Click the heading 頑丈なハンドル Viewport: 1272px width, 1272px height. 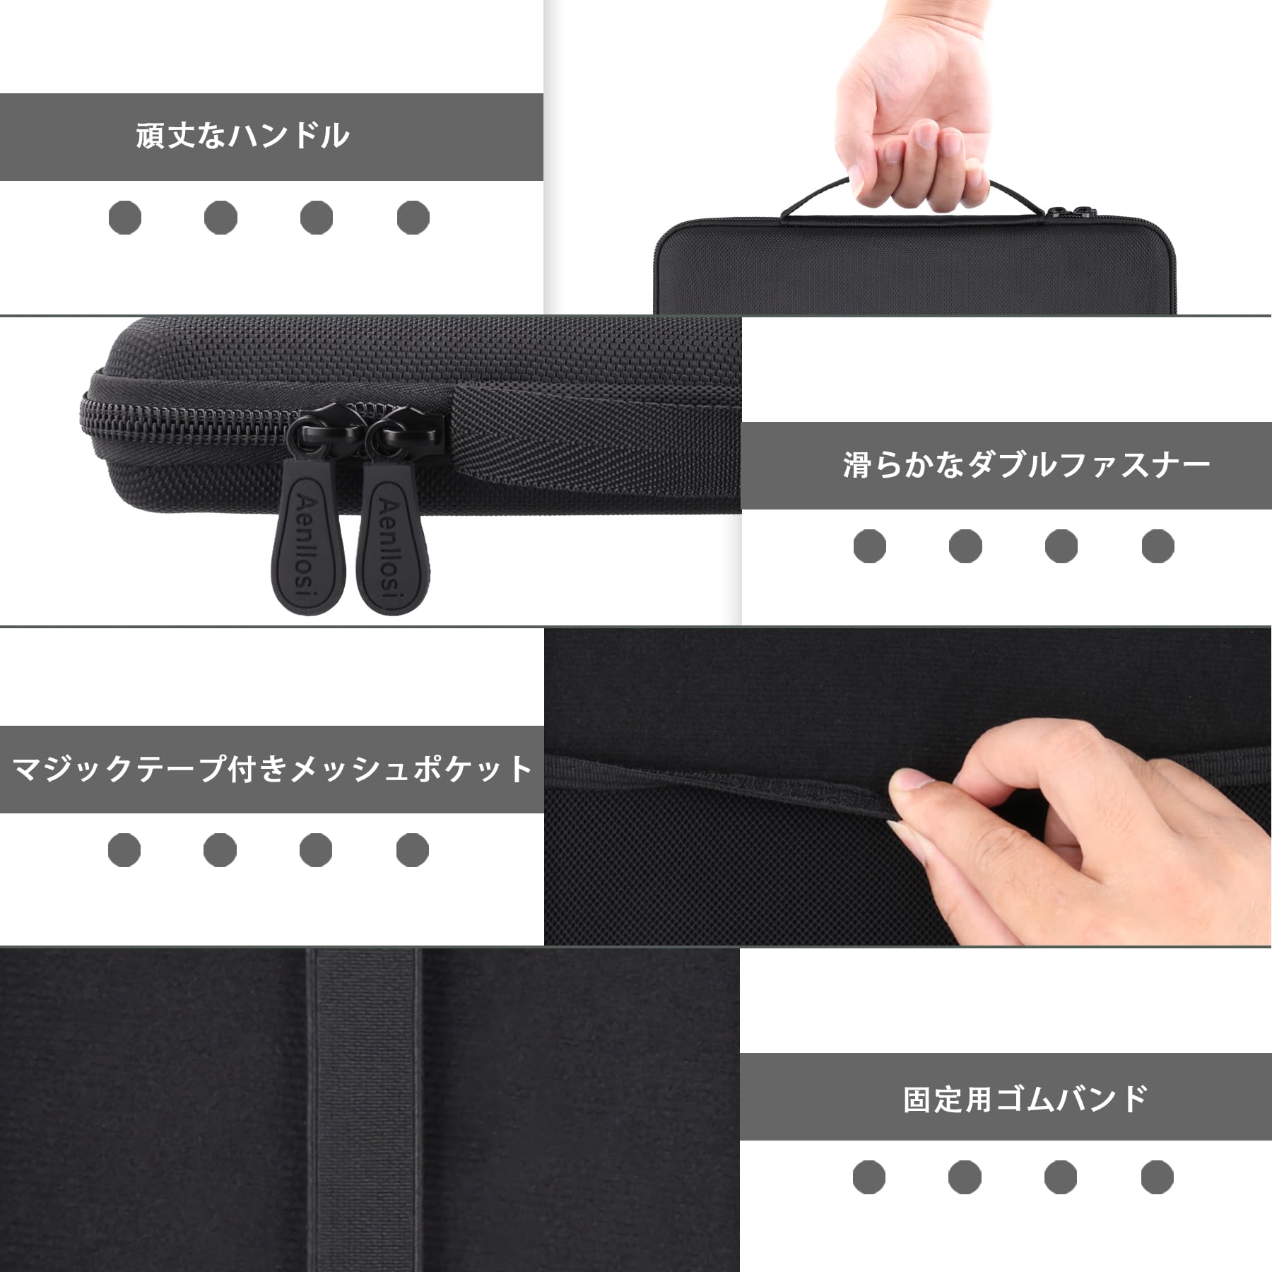tap(242, 136)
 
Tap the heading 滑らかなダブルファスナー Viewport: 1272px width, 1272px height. tap(1027, 465)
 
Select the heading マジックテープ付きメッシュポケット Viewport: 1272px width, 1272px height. tap(272, 769)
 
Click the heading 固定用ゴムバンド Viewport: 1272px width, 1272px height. tap(1025, 1100)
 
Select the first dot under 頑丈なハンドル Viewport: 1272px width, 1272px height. tap(125, 217)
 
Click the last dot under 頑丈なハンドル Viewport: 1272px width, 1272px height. tap(413, 217)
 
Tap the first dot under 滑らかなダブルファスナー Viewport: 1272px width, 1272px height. tap(870, 546)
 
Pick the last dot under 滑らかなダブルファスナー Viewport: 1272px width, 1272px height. tap(1158, 546)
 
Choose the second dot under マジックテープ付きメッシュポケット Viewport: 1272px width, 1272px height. tap(220, 849)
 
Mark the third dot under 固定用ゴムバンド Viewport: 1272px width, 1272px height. tap(1061, 1177)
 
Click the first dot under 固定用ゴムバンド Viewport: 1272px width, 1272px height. tap(869, 1177)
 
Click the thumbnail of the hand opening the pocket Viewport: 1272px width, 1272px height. tap(908, 787)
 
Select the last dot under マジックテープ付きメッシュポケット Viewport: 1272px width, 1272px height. tap(413, 849)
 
